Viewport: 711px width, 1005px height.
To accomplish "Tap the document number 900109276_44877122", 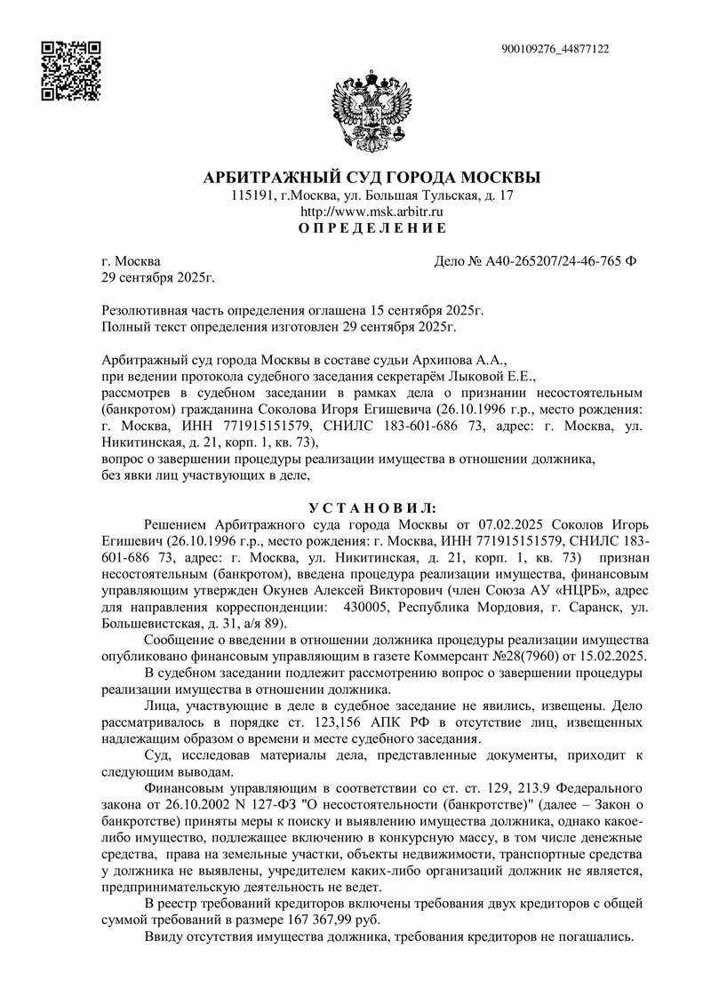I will (555, 50).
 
